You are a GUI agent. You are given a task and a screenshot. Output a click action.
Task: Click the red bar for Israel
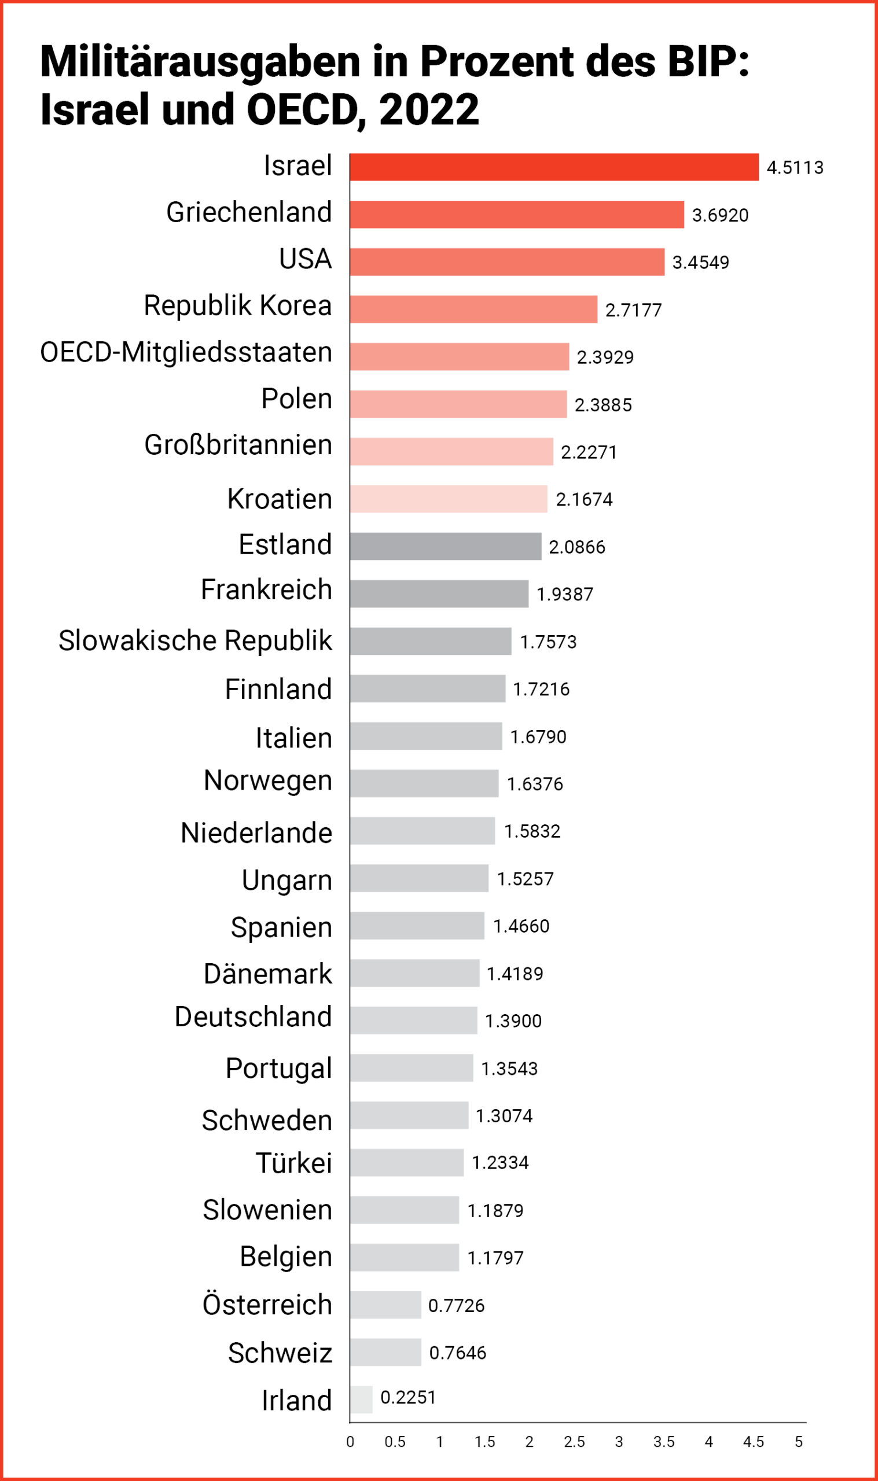554,167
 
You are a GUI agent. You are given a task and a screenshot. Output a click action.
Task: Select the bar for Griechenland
516,214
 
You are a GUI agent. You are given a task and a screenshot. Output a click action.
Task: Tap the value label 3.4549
700,262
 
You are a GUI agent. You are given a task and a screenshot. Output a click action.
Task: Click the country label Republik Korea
237,305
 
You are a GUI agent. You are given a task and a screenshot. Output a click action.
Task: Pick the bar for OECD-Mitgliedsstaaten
459,356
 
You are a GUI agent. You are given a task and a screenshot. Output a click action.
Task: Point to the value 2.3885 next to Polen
603,404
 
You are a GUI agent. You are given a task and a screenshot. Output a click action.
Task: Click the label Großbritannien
238,445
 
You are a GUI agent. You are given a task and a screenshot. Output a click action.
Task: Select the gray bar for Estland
445,546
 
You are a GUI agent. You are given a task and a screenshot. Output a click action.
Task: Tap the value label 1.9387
564,594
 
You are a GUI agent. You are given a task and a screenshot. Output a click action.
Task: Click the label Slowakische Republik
194,640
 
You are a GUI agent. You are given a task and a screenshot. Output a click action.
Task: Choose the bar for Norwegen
424,783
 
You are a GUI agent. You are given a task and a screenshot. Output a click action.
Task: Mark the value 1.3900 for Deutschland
513,1021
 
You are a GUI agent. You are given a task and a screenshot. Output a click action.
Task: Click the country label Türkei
293,1163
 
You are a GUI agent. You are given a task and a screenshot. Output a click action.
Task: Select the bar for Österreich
385,1305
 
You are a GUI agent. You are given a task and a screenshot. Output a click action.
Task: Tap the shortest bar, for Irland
361,1399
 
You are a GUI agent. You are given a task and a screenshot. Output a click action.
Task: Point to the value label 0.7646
457,1353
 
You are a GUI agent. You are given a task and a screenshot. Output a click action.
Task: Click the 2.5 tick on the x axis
574,1442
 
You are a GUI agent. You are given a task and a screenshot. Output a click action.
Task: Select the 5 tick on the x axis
798,1442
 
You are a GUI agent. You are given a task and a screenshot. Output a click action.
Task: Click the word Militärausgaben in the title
200,62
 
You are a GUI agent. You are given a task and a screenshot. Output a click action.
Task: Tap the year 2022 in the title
428,110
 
